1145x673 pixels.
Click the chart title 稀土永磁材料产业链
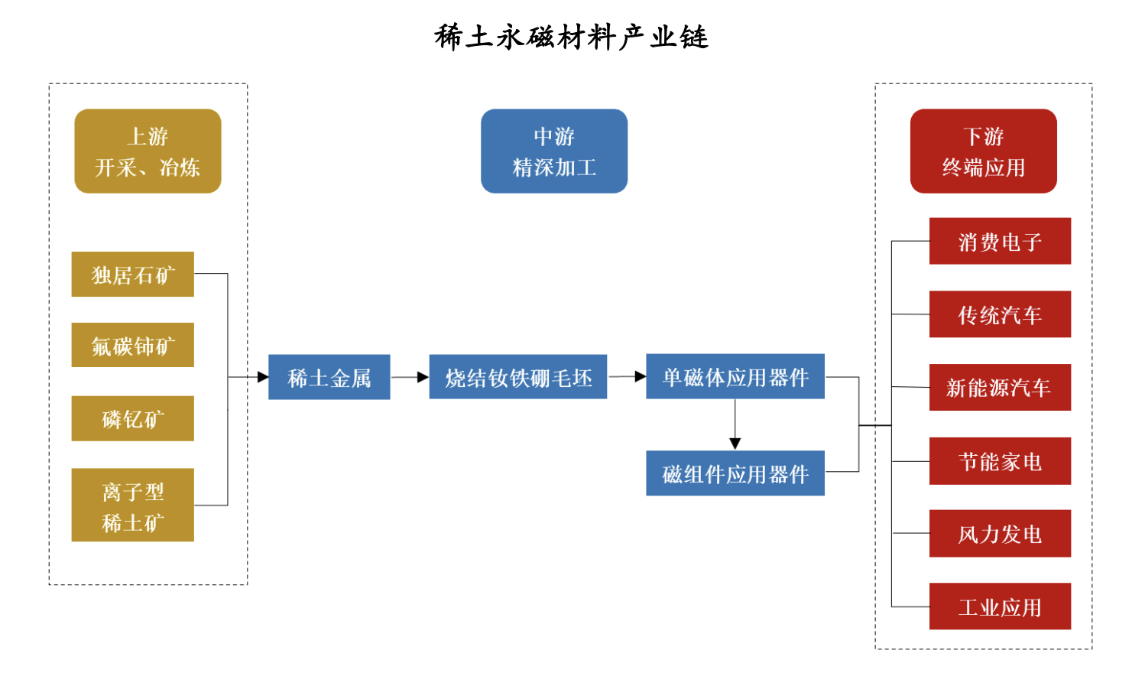coord(572,37)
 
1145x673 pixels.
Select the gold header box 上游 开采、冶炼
coord(148,151)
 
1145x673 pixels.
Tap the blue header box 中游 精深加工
coord(554,151)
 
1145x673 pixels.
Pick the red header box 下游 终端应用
coord(983,151)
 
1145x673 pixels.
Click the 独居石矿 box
coord(132,275)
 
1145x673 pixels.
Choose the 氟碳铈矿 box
coord(132,346)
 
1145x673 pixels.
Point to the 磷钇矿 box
coord(132,418)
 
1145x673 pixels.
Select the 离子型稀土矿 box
coord(132,506)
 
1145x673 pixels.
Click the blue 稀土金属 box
coord(329,377)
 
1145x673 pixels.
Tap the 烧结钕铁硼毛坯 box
coord(517,377)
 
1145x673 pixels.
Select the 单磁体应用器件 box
coord(735,376)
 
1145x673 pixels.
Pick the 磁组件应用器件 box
coord(735,473)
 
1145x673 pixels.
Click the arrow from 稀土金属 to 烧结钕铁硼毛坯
coord(410,377)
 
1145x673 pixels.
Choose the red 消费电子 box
coord(1000,242)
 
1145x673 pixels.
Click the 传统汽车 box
coord(1000,314)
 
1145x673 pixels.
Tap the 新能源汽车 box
coord(1000,388)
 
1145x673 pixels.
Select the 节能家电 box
coord(1000,461)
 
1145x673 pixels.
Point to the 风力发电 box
coord(1000,534)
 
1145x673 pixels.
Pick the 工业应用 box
coord(1000,606)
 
